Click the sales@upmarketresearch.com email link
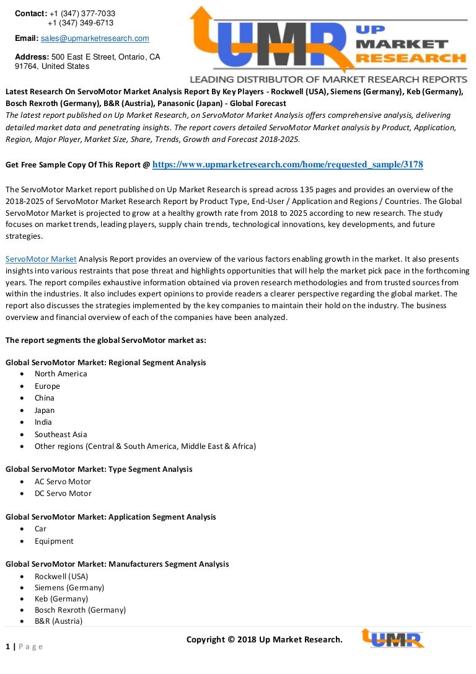[95, 38]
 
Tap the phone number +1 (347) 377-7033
[82, 14]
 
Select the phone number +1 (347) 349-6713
[81, 23]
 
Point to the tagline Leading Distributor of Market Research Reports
[328, 79]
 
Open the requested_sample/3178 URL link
[288, 164]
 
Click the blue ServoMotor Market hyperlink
[41, 259]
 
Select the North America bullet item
[61, 374]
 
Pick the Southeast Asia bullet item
[61, 434]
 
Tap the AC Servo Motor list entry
[63, 481]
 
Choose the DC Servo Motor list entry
[63, 494]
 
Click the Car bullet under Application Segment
[40, 529]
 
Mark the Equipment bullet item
[54, 541]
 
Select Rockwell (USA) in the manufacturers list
[61, 576]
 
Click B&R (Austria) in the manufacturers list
[58, 621]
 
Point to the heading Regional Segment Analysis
[105, 362]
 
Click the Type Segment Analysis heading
[99, 469]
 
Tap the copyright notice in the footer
[264, 639]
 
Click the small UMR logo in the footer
[392, 639]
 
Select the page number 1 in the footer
[8, 647]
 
